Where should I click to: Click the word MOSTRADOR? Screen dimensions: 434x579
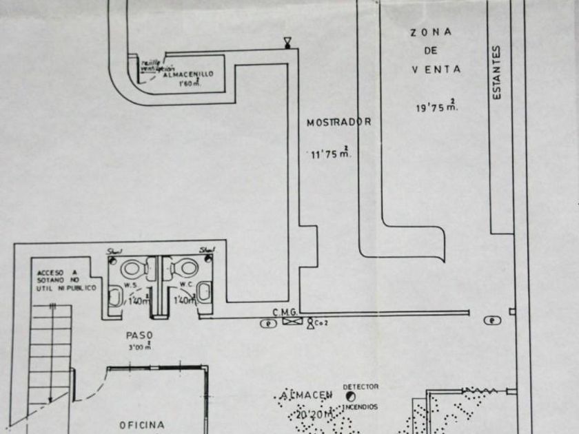coord(338,122)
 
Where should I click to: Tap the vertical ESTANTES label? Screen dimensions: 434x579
coord(496,72)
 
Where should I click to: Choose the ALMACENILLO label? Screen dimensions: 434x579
coord(188,74)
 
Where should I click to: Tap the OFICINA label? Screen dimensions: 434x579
coord(142,425)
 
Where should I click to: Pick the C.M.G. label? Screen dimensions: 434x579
coord(284,312)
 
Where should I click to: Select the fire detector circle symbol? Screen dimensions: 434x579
coord(351,397)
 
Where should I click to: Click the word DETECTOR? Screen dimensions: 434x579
coord(360,387)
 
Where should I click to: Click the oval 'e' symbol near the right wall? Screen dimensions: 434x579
coord(490,320)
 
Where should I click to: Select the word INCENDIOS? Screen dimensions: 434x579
coord(360,407)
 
